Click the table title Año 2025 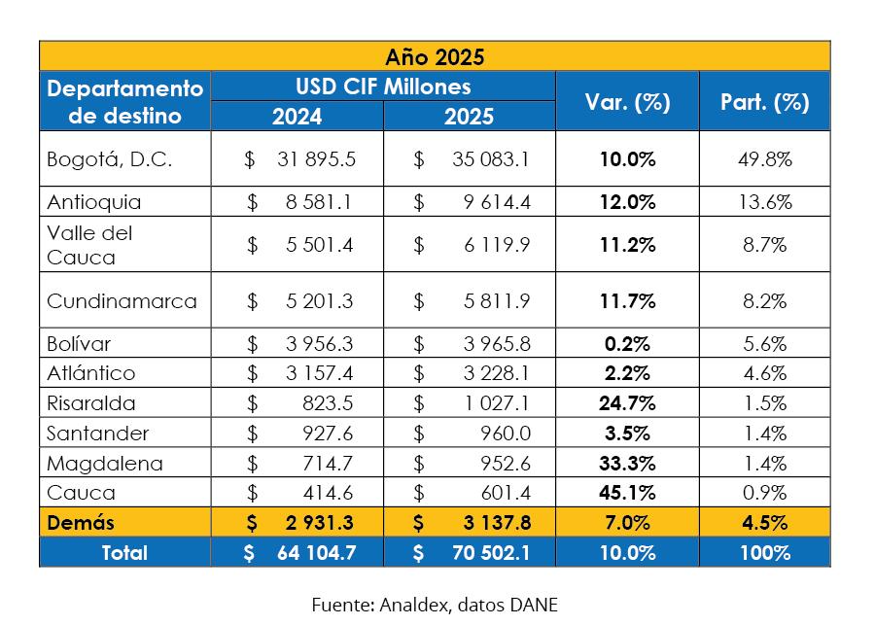point(435,56)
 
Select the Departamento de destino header point(125,102)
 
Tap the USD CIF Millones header point(383,87)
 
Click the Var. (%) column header point(627,102)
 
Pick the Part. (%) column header point(764,102)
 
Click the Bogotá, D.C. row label point(110,159)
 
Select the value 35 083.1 point(490,159)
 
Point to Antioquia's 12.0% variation point(627,202)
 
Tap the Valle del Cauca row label point(89,245)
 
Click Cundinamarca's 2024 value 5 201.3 point(320,301)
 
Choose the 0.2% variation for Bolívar point(627,344)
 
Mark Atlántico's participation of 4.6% point(764,373)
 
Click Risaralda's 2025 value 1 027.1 point(497,403)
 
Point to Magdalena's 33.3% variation point(627,464)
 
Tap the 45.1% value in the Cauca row point(627,493)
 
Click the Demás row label point(81,523)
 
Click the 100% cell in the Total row point(764,553)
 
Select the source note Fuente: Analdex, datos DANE point(435,605)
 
